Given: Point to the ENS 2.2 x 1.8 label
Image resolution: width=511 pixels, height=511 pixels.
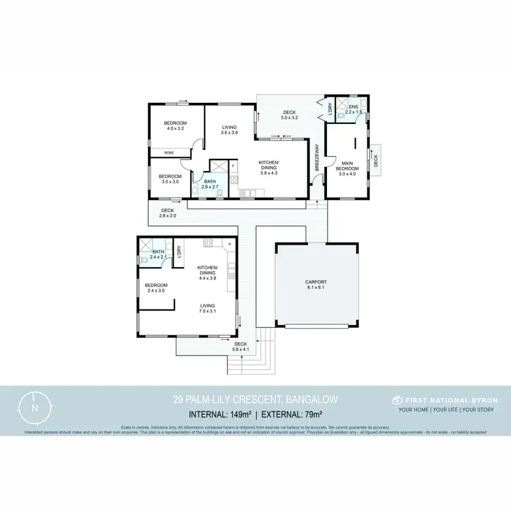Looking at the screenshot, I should [353, 109].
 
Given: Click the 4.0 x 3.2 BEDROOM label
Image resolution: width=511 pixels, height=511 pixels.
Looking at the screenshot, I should [175, 125].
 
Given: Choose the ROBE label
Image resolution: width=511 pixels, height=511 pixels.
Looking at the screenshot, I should [168, 153].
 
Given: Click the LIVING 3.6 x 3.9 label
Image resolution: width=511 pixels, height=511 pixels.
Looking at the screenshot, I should [228, 129].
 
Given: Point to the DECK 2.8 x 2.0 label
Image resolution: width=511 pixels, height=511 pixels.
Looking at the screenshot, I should [168, 213].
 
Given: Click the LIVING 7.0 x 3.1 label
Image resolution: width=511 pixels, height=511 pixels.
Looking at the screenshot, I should [207, 308].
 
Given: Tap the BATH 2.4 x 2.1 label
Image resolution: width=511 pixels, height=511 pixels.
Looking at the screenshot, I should [158, 254].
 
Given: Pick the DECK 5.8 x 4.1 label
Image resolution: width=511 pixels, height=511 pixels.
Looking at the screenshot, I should [240, 347].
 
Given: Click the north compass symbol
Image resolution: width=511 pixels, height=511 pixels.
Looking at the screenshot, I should [35, 407].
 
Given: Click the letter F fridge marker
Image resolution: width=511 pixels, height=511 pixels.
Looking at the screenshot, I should [233, 166].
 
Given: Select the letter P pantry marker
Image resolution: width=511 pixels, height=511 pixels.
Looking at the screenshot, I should [230, 243].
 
